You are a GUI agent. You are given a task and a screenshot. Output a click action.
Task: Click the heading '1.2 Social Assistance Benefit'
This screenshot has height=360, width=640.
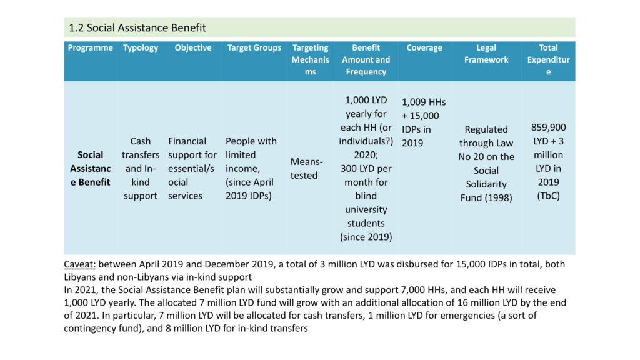(x=137, y=27)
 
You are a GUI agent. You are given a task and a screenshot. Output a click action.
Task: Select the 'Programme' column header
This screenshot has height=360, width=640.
(x=90, y=47)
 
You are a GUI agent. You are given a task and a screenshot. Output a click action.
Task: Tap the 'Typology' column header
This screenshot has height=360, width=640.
(x=141, y=47)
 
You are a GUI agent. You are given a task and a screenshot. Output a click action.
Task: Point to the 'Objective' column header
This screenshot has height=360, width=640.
(x=193, y=47)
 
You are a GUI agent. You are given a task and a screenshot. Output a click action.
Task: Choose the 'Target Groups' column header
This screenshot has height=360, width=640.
(x=254, y=47)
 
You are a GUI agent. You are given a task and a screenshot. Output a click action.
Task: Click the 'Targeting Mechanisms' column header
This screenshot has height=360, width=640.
(x=310, y=59)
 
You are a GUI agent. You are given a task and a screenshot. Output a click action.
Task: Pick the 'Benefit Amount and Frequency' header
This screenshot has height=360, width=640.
(x=366, y=59)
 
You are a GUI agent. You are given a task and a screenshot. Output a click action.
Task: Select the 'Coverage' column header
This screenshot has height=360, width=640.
(x=424, y=47)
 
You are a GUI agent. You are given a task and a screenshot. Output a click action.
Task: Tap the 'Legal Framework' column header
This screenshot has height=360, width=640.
(x=486, y=54)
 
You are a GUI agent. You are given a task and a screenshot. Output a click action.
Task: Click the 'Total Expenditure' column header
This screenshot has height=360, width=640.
(x=548, y=59)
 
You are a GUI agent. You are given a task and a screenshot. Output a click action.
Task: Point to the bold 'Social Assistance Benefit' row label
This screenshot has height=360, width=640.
(x=90, y=169)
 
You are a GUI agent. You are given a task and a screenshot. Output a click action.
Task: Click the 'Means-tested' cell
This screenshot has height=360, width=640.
(x=306, y=169)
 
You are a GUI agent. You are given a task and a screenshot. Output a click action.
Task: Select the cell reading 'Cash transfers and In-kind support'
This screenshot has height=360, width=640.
(x=141, y=169)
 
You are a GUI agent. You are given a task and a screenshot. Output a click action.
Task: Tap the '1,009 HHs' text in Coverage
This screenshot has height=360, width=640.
(x=424, y=102)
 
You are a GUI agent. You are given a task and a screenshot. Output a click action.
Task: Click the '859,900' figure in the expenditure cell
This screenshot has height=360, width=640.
(x=548, y=127)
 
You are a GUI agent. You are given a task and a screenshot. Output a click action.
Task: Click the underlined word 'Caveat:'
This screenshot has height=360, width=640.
(x=79, y=264)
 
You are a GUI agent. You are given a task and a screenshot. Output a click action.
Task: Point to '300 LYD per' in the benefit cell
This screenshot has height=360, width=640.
(x=366, y=169)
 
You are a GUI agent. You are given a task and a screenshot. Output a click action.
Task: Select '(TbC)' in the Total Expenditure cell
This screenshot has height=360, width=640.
(x=548, y=196)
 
